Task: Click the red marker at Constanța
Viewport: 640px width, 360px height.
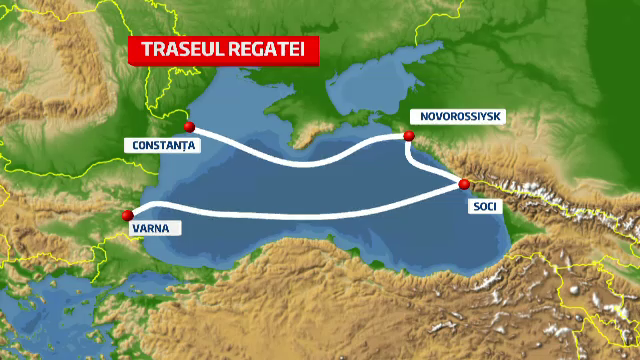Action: pyautogui.click(x=189, y=127)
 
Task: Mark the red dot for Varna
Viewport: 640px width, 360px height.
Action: pyautogui.click(x=127, y=215)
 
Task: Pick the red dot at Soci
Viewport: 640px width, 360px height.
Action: pyautogui.click(x=464, y=184)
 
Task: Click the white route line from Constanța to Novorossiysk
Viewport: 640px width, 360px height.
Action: pyautogui.click(x=300, y=161)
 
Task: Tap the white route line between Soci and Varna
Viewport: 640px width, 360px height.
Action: pyautogui.click(x=300, y=214)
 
